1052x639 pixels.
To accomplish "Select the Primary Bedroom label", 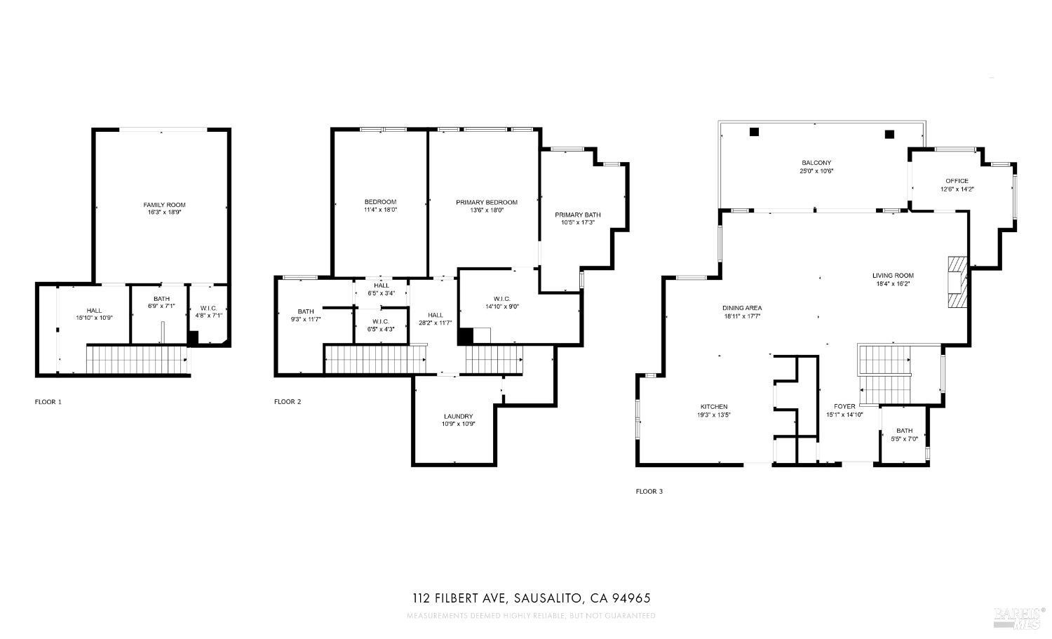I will [x=487, y=202].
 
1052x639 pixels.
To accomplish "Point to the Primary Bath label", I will [x=578, y=215].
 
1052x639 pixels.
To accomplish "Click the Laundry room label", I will [x=458, y=416].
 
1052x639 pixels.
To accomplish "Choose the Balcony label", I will [x=816, y=163].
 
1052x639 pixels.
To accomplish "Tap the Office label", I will [x=957, y=181].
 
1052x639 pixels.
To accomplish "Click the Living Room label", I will [x=893, y=276].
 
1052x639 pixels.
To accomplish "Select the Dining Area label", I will [x=742, y=308].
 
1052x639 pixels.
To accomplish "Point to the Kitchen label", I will [x=714, y=407].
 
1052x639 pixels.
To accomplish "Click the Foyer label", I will [x=844, y=406].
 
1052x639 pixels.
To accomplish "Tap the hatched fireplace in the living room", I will [x=957, y=282].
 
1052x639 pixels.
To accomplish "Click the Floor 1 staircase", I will [x=137, y=359].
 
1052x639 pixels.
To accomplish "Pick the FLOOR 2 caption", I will [x=288, y=402].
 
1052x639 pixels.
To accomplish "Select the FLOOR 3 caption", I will [x=649, y=492].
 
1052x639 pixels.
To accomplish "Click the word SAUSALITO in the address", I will [x=547, y=598].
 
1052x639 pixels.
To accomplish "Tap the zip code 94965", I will [x=632, y=598].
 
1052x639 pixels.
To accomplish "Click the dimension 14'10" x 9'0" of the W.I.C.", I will [x=501, y=307].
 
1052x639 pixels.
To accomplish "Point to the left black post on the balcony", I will [x=754, y=132].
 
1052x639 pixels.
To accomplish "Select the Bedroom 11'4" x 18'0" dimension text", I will [x=380, y=210].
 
